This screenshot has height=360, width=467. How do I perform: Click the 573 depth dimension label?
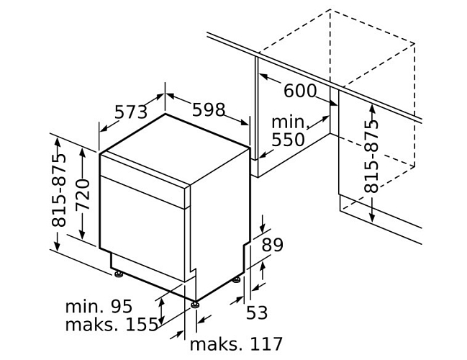(x=131, y=112)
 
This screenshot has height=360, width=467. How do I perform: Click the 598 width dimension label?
(x=209, y=109)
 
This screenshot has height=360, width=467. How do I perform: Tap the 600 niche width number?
(x=300, y=91)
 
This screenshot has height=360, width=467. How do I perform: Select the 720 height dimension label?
(x=83, y=195)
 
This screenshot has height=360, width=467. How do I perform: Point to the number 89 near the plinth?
(x=272, y=245)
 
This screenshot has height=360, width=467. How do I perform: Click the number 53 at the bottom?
(x=257, y=312)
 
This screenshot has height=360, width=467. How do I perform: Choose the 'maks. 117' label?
(x=236, y=344)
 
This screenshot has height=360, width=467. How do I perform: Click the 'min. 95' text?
(x=99, y=306)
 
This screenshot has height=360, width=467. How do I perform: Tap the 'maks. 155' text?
(x=112, y=324)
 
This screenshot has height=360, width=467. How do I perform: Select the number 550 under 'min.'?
(x=288, y=140)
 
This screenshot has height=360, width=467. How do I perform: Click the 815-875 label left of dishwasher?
(x=58, y=190)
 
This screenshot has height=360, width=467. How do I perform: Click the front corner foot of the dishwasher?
(x=196, y=305)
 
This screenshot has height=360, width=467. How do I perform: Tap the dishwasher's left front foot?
(x=119, y=274)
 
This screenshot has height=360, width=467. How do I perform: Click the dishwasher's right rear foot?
(x=237, y=279)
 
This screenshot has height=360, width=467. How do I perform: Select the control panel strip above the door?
(x=145, y=180)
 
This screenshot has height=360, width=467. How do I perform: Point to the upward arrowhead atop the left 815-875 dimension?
(x=58, y=144)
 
